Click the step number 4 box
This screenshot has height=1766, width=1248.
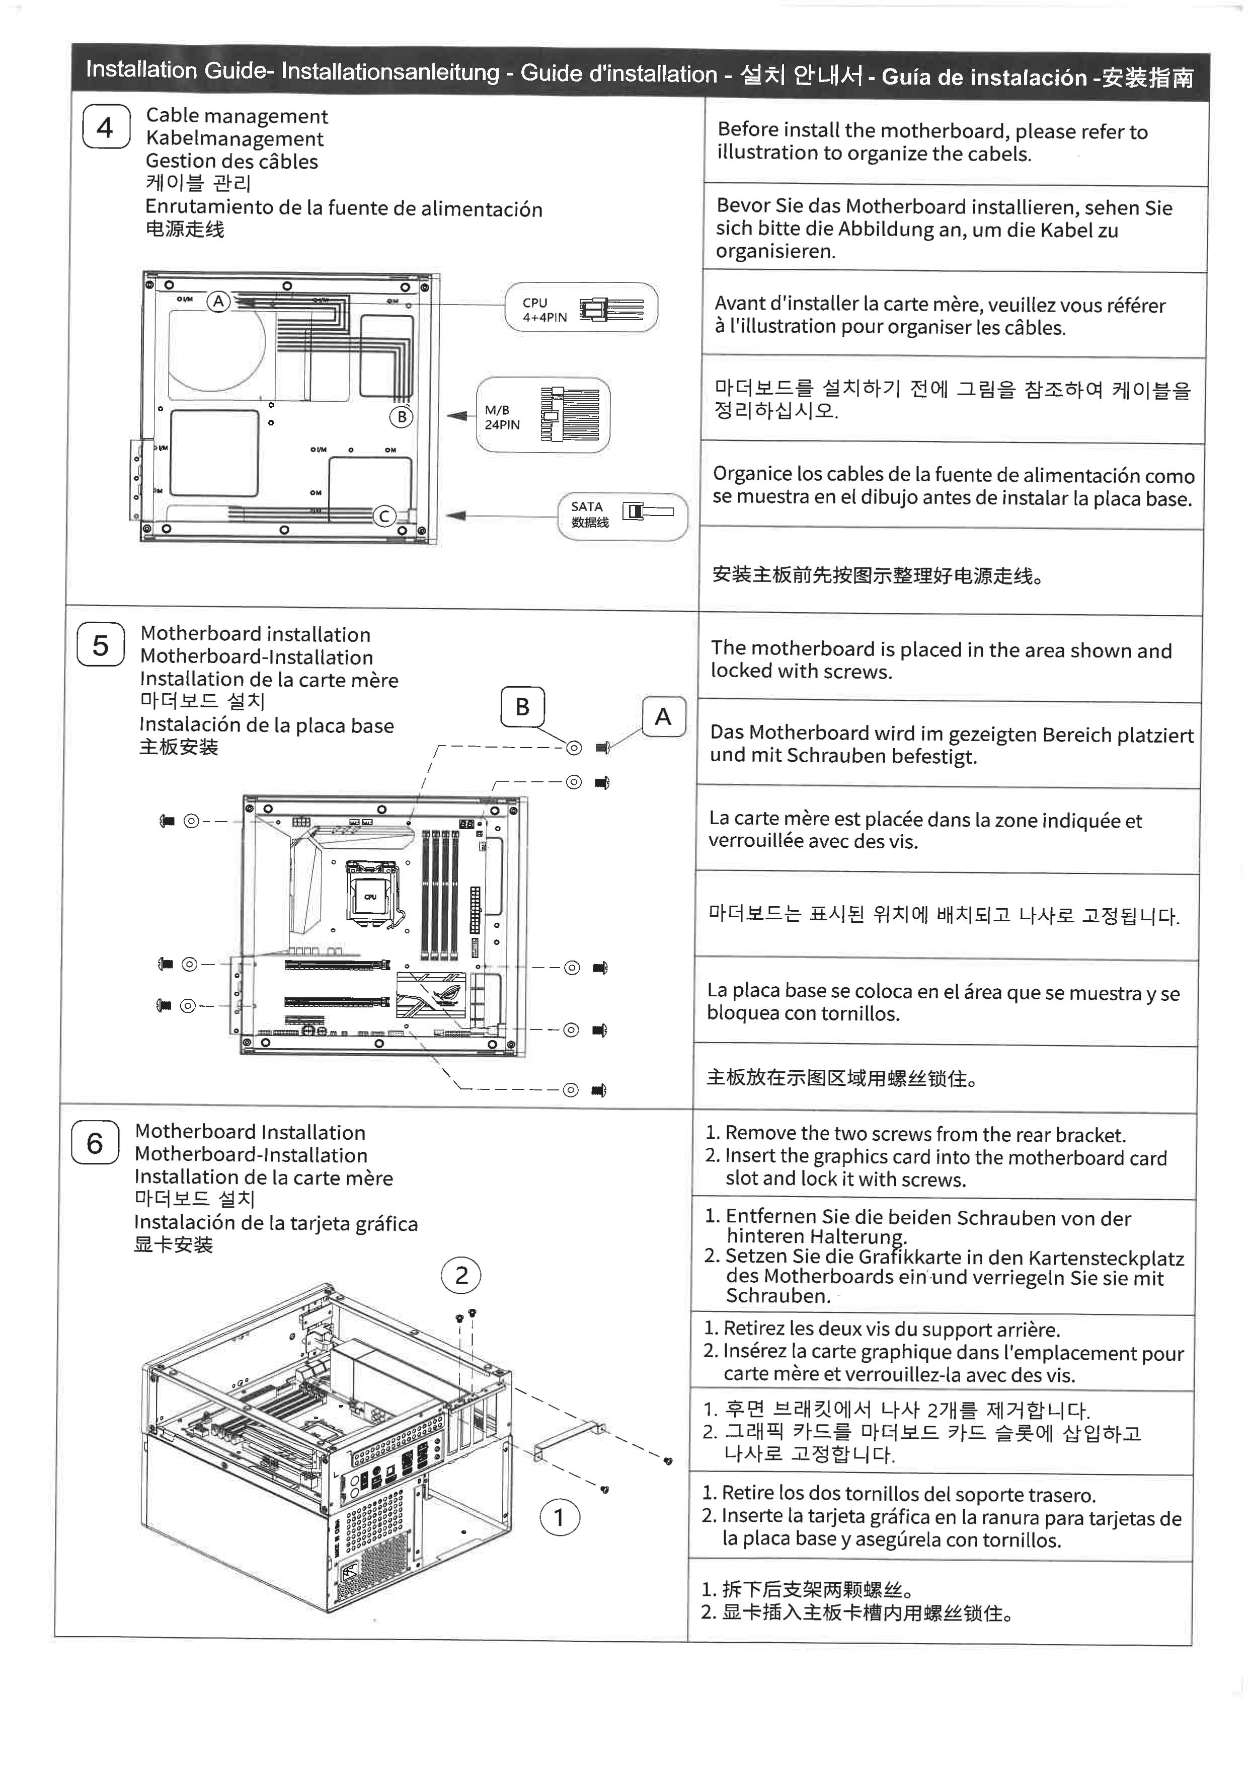coord(105,127)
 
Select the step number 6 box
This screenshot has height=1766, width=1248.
coord(95,1143)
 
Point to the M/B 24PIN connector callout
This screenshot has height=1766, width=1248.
coord(543,415)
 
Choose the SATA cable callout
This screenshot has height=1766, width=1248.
coord(622,516)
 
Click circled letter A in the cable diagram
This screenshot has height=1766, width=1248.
coord(219,302)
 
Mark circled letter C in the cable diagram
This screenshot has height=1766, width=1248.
coord(383,516)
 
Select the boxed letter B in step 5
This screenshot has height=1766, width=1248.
coord(522,707)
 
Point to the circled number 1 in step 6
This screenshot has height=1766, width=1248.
coord(559,1517)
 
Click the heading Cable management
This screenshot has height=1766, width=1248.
coord(237,116)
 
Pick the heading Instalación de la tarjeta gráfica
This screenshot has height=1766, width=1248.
coord(275,1224)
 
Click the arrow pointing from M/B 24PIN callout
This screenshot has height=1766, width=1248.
coord(458,416)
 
